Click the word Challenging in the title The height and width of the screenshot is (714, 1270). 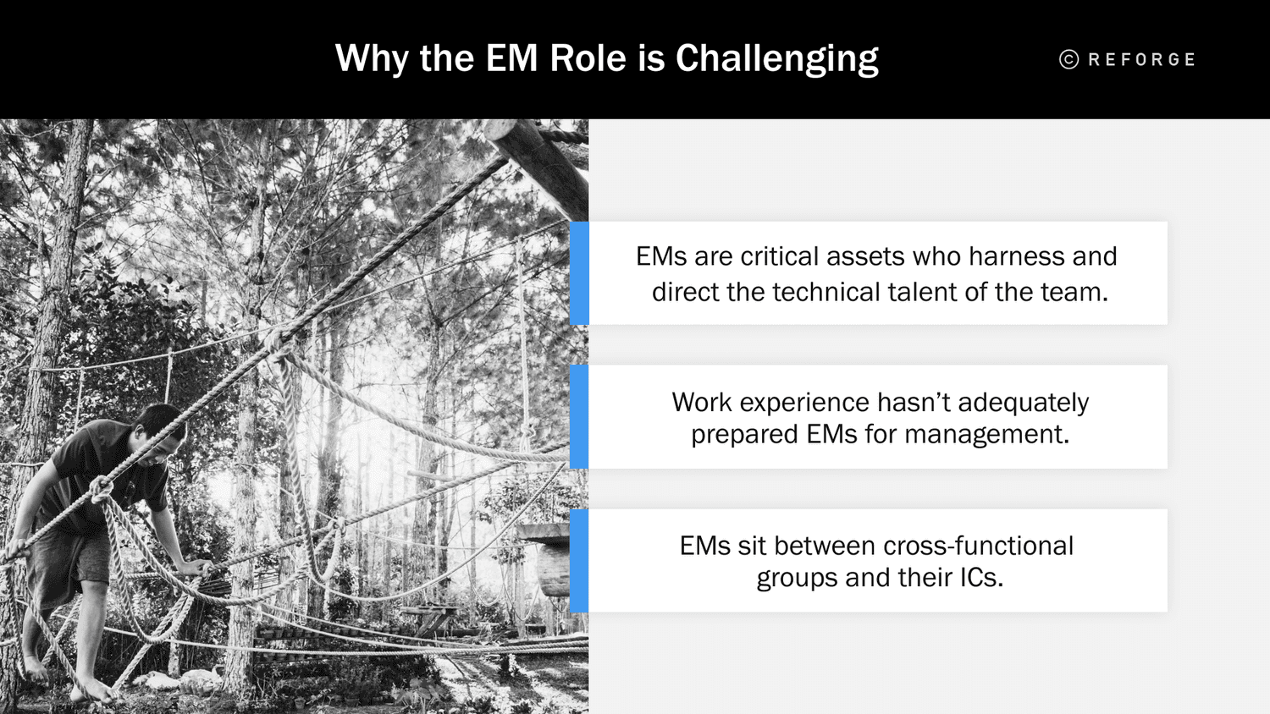pyautogui.click(x=776, y=59)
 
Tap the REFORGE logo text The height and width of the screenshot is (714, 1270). pyautogui.click(x=1141, y=60)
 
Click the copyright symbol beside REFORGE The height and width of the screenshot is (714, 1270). pyautogui.click(x=1068, y=59)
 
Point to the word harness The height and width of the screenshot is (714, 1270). pyautogui.click(x=1017, y=256)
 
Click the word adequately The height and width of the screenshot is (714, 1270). pyautogui.click(x=1023, y=403)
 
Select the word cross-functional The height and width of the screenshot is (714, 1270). pyautogui.click(x=978, y=546)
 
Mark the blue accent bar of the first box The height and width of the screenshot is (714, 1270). pyautogui.click(x=579, y=273)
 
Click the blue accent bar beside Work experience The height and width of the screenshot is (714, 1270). pyautogui.click(x=579, y=417)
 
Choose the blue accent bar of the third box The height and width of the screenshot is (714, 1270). pyautogui.click(x=579, y=561)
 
